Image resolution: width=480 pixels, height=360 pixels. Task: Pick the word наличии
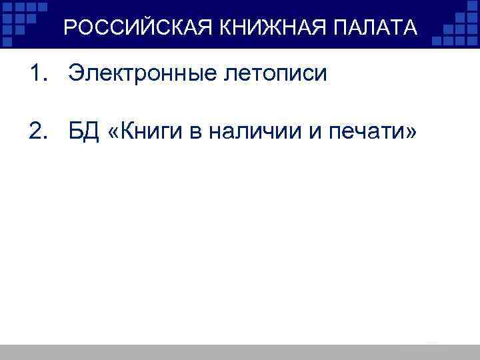249,133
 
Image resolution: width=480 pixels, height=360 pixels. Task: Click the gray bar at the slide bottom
240,352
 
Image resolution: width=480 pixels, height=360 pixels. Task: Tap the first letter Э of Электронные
76,73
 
